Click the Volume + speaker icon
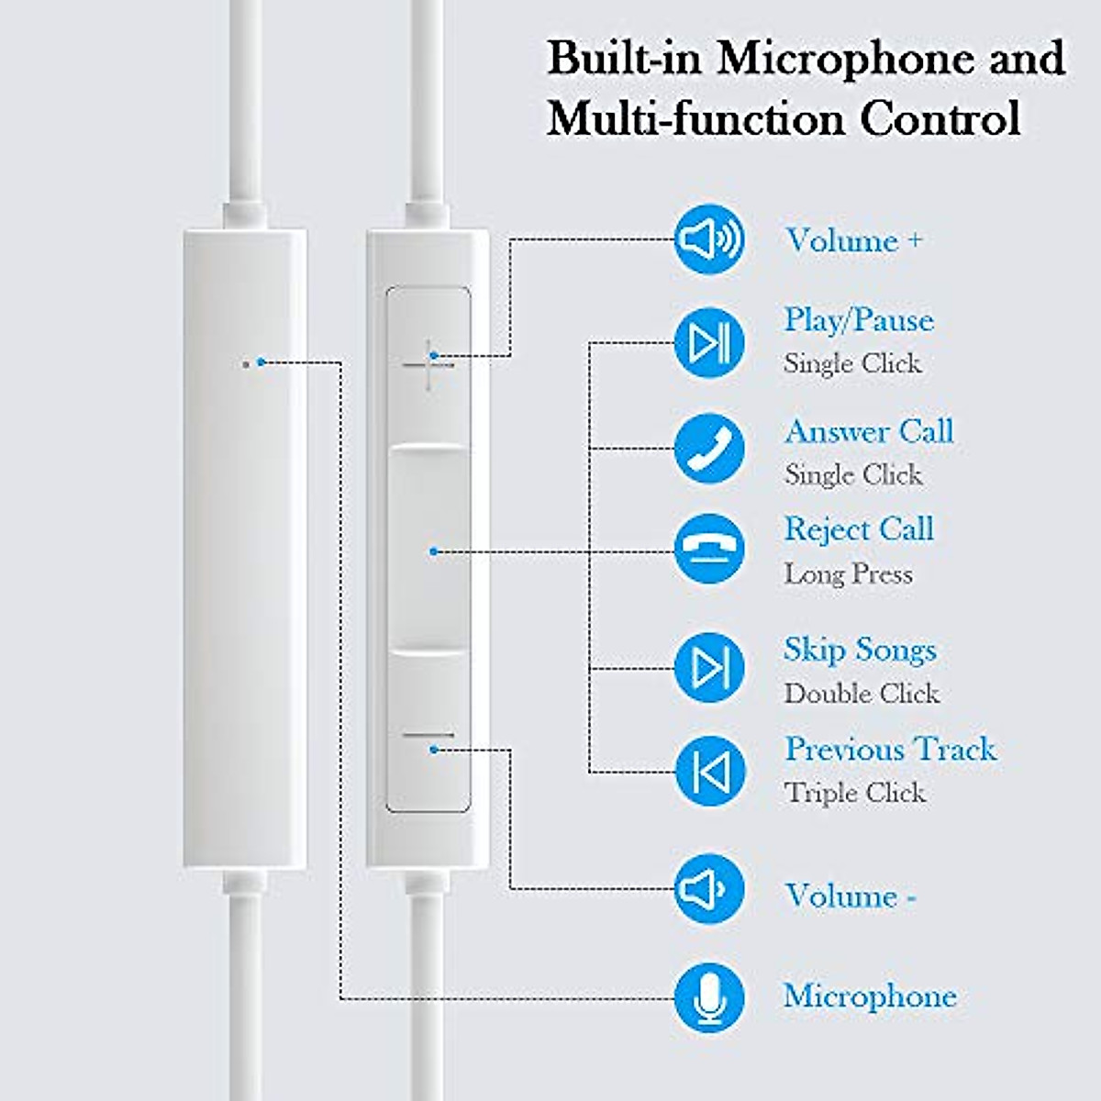pyautogui.click(x=708, y=240)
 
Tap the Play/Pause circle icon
pyautogui.click(x=708, y=343)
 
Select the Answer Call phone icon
pyautogui.click(x=708, y=449)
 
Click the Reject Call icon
pyautogui.click(x=708, y=550)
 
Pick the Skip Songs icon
pyautogui.click(x=708, y=667)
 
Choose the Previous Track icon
pyautogui.click(x=708, y=771)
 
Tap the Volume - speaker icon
pyautogui.click(x=708, y=888)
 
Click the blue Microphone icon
pyautogui.click(x=708, y=997)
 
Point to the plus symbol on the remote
pyautogui.click(x=428, y=364)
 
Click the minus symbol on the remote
pyautogui.click(x=428, y=737)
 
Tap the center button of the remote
pyautogui.click(x=428, y=550)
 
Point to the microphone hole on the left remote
pyautogui.click(x=245, y=363)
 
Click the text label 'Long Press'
pyautogui.click(x=848, y=574)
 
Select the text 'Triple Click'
pyautogui.click(x=854, y=793)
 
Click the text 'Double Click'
pyautogui.click(x=862, y=694)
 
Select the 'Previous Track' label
pyautogui.click(x=889, y=750)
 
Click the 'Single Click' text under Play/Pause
pyautogui.click(x=852, y=364)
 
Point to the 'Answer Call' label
pyautogui.click(x=869, y=431)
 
